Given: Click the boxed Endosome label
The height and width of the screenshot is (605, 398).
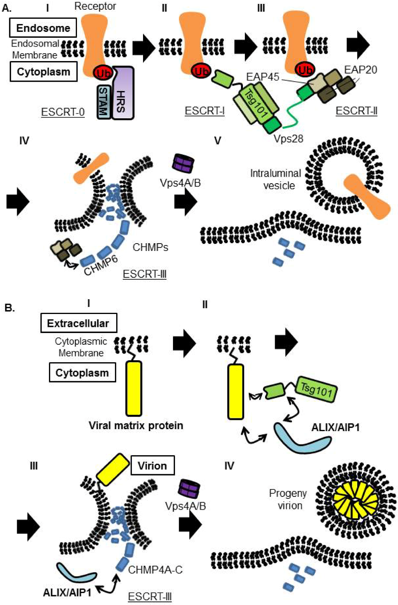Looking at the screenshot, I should (x=43, y=28).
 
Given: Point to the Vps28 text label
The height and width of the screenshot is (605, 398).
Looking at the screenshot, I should (x=288, y=139).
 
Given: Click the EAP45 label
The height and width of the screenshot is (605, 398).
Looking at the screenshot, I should (x=263, y=77).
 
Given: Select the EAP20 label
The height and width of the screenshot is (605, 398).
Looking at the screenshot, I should (x=360, y=70).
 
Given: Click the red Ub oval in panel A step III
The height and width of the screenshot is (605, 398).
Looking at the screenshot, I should (x=305, y=70).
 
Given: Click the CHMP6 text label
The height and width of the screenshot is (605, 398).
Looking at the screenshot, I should (x=101, y=265).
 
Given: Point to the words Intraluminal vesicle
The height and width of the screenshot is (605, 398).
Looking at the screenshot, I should (x=276, y=179).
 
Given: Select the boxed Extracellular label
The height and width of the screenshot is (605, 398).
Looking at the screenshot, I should (x=78, y=323).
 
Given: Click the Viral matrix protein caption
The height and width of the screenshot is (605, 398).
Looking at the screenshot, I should (x=136, y=425).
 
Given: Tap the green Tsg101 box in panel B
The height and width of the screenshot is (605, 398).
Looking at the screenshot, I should (x=316, y=389).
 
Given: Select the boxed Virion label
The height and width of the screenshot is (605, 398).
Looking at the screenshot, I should (x=152, y=466).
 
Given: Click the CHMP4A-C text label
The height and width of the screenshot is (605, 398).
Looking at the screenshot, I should (x=155, y=570).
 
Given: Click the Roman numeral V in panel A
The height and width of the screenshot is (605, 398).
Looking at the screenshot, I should (x=218, y=141).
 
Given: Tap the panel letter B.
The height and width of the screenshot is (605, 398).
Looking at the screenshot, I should (x=9, y=308).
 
